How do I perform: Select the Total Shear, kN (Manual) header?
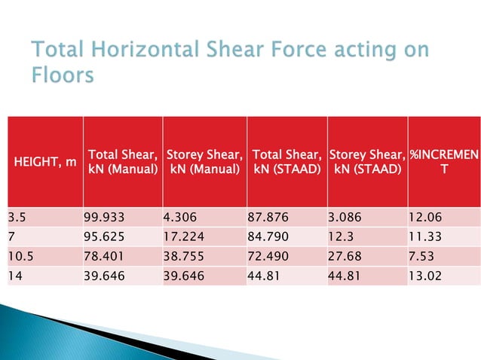click(122, 160)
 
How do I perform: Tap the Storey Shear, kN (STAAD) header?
click(367, 160)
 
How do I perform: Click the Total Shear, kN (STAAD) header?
click(286, 160)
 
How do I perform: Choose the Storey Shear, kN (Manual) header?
click(204, 160)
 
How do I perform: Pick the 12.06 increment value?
click(424, 218)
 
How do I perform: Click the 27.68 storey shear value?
click(344, 256)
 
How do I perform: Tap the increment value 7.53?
click(421, 256)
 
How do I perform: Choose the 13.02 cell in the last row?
click(424, 275)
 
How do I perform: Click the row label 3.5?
click(17, 218)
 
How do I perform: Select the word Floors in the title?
click(63, 76)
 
